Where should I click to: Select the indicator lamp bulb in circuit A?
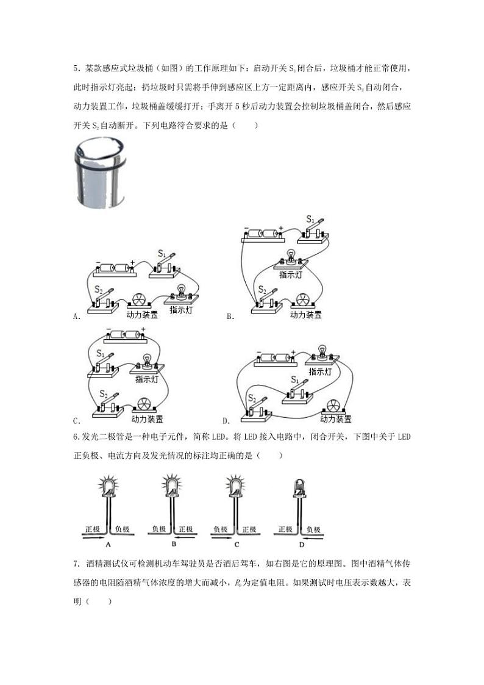tap(181, 290)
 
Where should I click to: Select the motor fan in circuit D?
tap(333, 406)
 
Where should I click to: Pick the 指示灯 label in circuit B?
tap(291, 275)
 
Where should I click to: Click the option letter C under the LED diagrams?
tap(236, 544)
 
